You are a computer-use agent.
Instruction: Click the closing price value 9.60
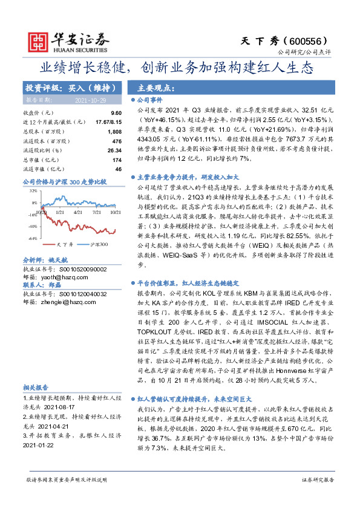point(116,113)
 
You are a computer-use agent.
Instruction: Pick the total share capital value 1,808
point(114,131)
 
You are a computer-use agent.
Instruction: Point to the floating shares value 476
point(117,141)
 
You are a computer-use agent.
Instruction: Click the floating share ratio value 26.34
point(114,150)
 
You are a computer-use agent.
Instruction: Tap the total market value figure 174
point(117,160)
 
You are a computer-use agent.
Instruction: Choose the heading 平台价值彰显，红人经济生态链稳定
point(185,265)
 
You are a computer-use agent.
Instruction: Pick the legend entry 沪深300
point(82,244)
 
